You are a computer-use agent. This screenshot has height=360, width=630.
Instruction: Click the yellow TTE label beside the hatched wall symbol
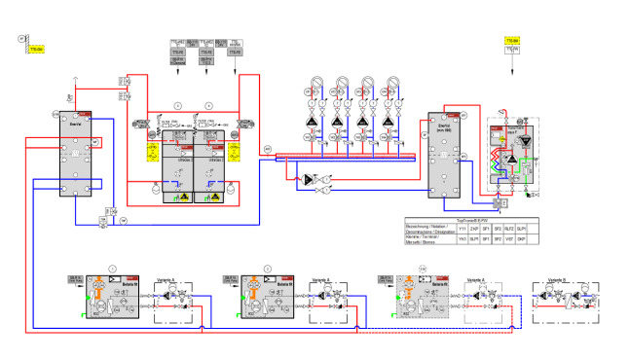pos(37,48)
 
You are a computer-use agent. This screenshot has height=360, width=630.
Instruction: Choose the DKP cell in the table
pos(520,236)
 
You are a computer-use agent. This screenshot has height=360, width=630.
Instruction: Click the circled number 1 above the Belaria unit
pos(113,268)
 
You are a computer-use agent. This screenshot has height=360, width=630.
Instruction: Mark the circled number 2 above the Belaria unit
pos(267,268)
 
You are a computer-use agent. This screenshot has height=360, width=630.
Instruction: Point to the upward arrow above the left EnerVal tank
pos(75,79)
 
